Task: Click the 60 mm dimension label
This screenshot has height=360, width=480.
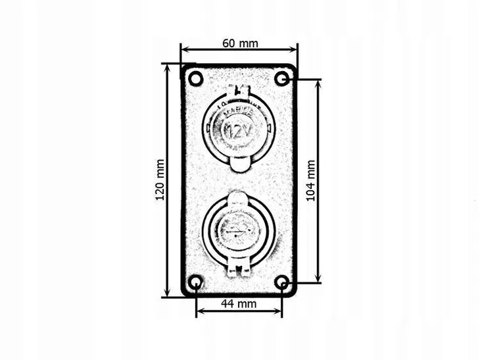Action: [x=240, y=43]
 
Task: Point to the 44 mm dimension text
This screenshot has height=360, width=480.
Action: [x=238, y=303]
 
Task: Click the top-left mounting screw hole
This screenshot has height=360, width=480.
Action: [x=195, y=79]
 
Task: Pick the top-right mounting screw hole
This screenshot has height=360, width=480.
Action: [x=282, y=79]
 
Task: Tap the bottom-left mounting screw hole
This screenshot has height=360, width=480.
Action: [x=195, y=283]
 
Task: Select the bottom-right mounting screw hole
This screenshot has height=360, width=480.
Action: [x=282, y=283]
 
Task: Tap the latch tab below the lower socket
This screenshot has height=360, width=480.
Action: [x=239, y=268]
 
